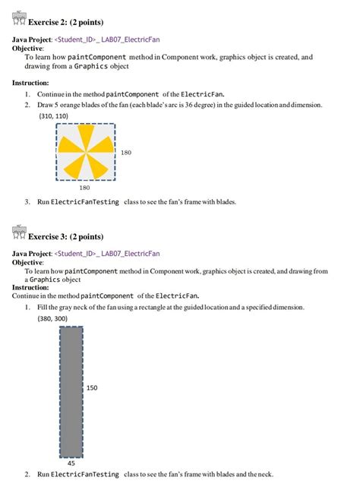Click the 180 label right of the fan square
[x=126, y=153]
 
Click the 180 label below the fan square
[x=84, y=187]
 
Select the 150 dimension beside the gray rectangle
[x=92, y=387]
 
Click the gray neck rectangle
[x=72, y=388]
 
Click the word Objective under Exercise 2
[x=28, y=47]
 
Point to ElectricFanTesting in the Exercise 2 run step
[x=85, y=202]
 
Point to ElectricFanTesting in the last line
[x=85, y=474]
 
